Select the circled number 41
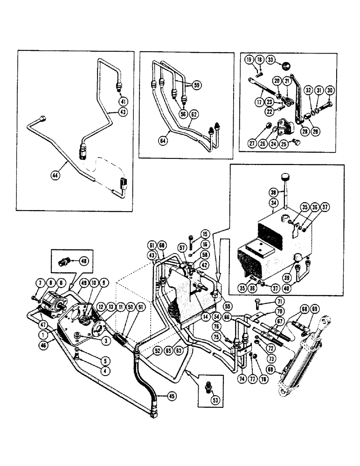tap(123, 102)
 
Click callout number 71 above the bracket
tap(280, 302)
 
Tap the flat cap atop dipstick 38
tap(285, 176)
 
